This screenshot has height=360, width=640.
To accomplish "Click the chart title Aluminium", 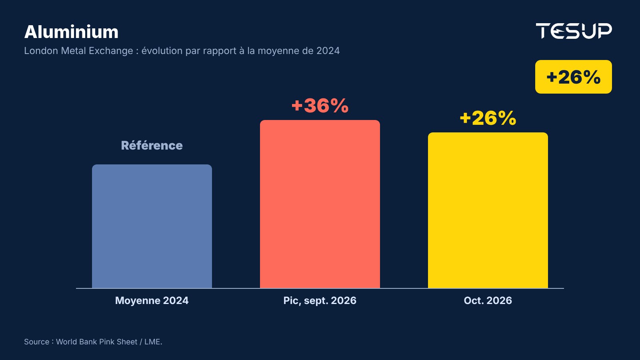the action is pyautogui.click(x=71, y=32).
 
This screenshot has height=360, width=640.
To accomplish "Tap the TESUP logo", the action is pyautogui.click(x=574, y=31).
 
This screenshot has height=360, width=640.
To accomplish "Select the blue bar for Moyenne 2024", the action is pyautogui.click(x=152, y=226).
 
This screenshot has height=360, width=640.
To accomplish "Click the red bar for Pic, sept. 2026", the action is pyautogui.click(x=320, y=204).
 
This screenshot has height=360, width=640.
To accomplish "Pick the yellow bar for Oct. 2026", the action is pyautogui.click(x=488, y=210).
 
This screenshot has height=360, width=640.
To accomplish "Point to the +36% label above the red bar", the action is pyautogui.click(x=320, y=106).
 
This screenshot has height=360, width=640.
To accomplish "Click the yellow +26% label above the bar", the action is pyautogui.click(x=488, y=118).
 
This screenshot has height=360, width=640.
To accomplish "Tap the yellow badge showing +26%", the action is pyautogui.click(x=574, y=76).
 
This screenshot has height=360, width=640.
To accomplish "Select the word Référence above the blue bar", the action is pyautogui.click(x=152, y=146).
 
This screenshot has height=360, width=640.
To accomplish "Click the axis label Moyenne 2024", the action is pyautogui.click(x=152, y=300).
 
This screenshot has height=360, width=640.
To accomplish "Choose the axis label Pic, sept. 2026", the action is pyautogui.click(x=320, y=300).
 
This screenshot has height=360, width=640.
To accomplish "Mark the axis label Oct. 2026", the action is pyautogui.click(x=488, y=300).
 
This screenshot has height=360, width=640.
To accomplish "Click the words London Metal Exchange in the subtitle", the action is pyautogui.click(x=78, y=51).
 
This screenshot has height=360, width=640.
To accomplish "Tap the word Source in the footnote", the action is pyautogui.click(x=36, y=342).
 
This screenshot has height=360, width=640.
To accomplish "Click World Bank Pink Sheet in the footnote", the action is pyautogui.click(x=96, y=342).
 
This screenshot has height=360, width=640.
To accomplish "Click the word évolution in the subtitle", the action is pyautogui.click(x=162, y=51).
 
